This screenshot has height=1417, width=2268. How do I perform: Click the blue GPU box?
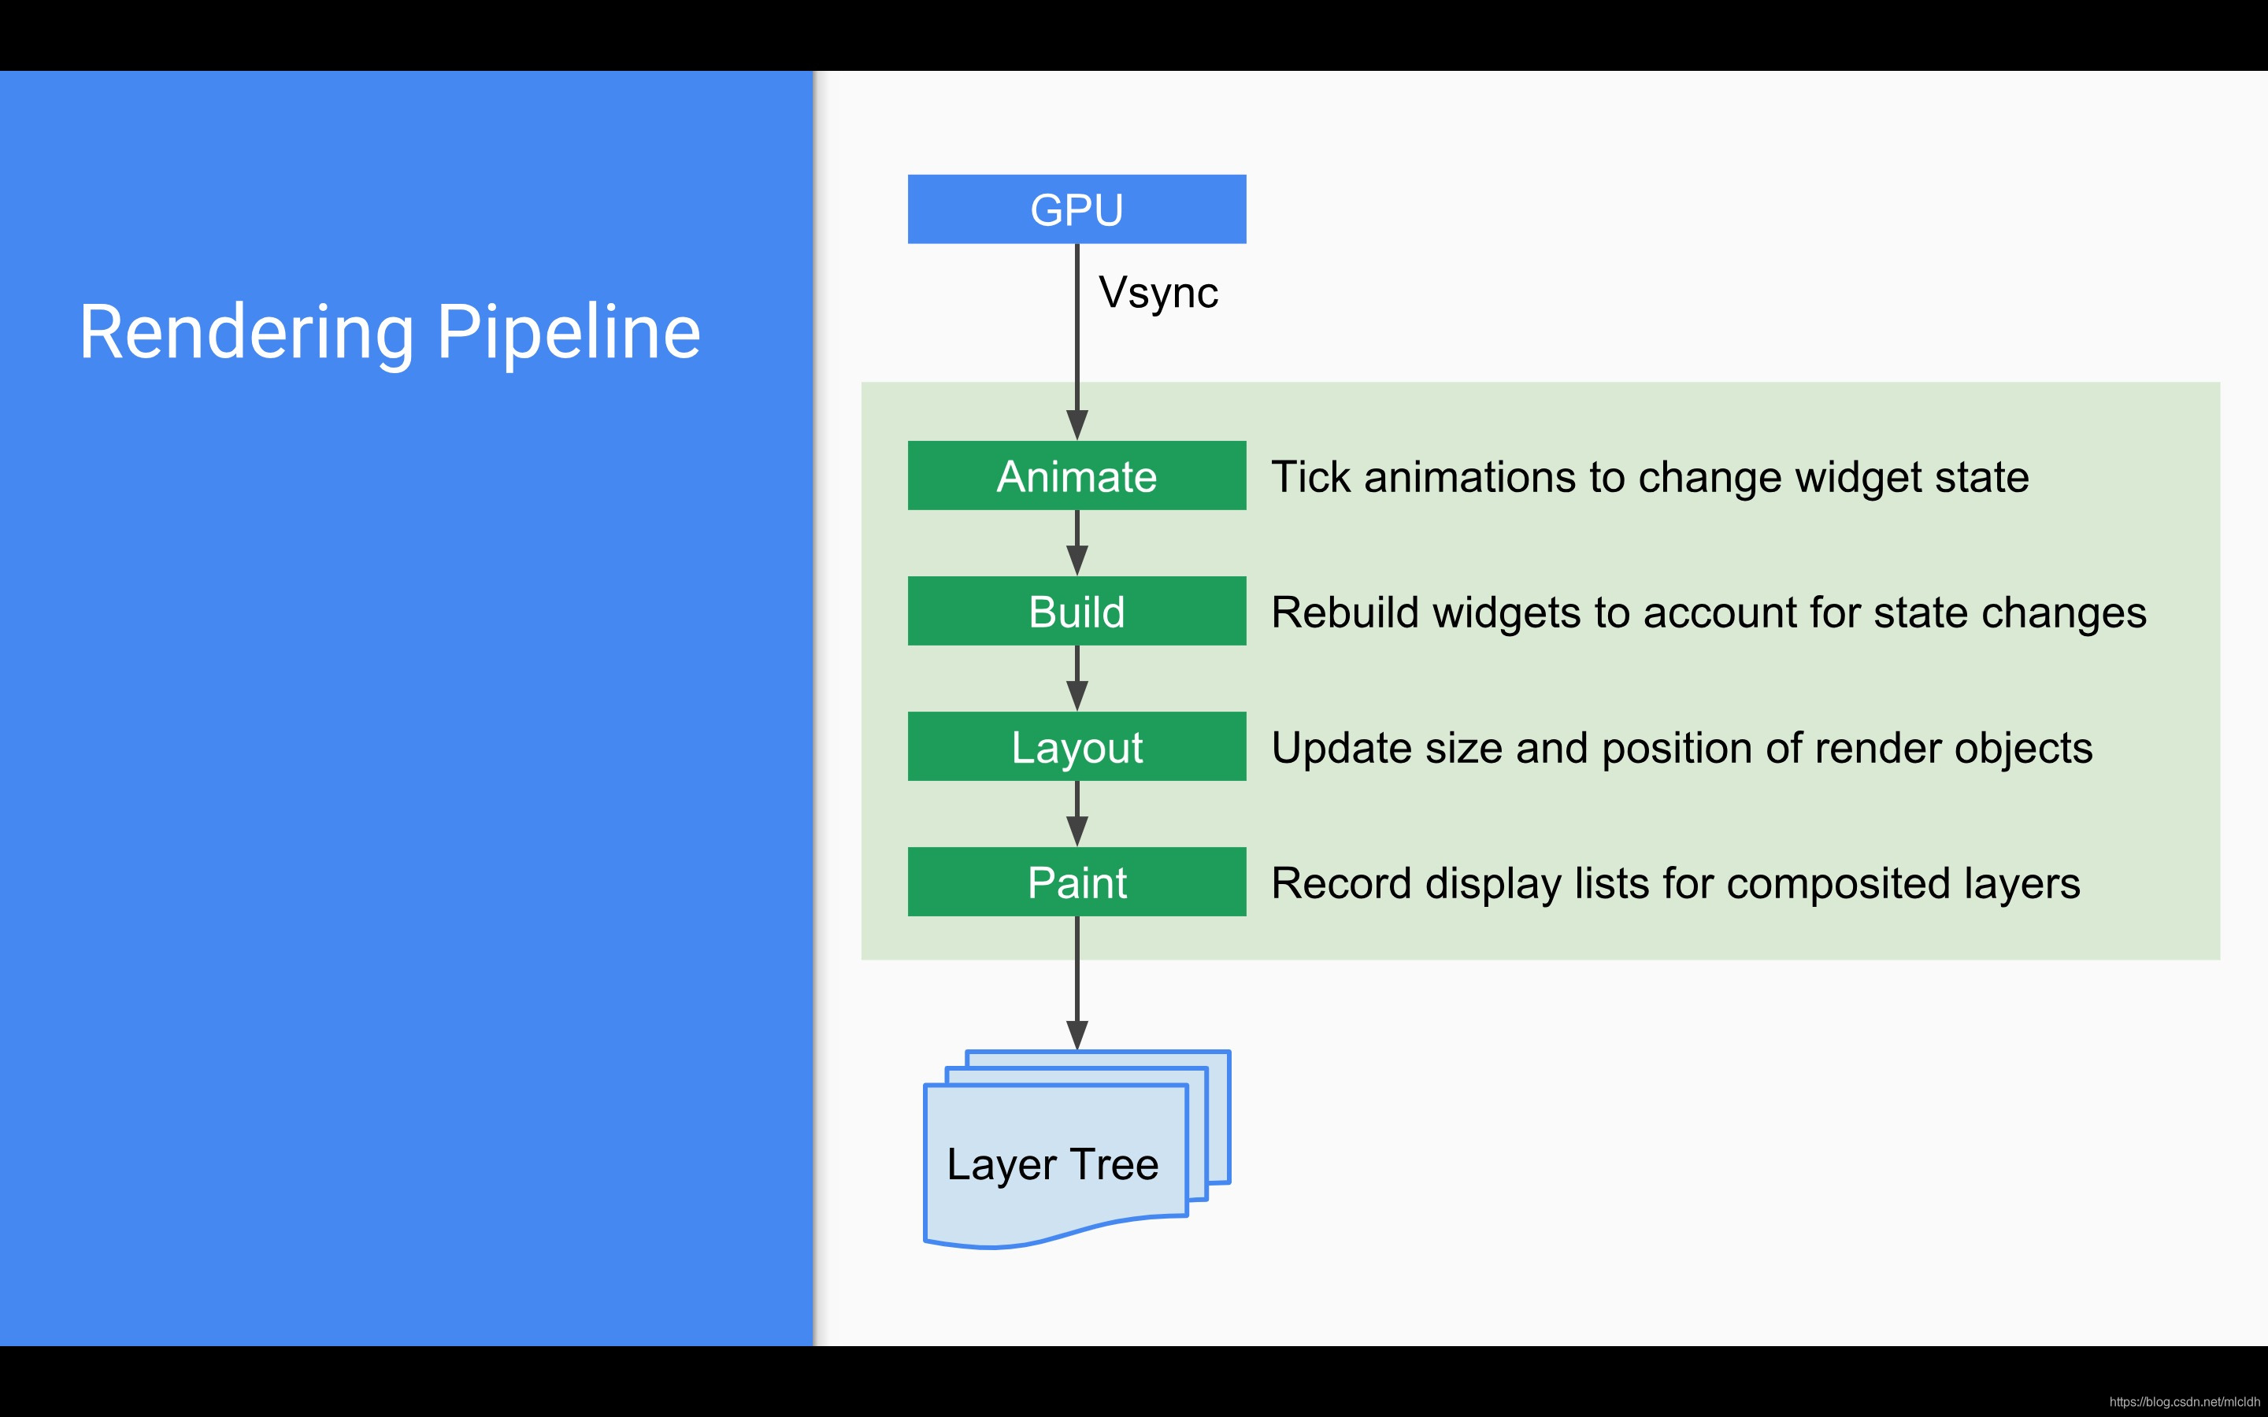(x=1077, y=209)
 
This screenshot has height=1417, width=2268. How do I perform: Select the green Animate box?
(x=1077, y=475)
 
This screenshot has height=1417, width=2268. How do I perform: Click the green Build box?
(x=1077, y=611)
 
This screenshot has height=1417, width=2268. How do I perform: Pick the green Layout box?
(x=1077, y=746)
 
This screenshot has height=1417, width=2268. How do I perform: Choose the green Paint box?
(x=1077, y=882)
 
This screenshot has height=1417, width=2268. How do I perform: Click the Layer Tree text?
(x=1052, y=1164)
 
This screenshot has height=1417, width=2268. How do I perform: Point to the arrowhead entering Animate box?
(x=1077, y=424)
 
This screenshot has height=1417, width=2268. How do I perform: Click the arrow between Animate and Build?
(x=1077, y=546)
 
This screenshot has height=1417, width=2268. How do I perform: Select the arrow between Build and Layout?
(x=1077, y=680)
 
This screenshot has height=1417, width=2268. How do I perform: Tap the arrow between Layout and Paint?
(x=1077, y=816)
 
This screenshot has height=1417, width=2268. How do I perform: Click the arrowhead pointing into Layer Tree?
(x=1077, y=1034)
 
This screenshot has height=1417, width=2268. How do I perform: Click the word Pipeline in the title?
(x=569, y=333)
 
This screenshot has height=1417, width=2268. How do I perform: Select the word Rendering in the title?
(x=246, y=333)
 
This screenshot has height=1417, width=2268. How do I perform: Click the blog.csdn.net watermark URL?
(x=2185, y=1402)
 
